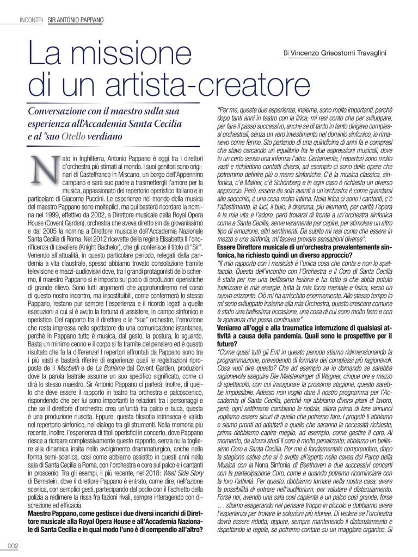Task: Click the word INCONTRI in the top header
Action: click(31, 20)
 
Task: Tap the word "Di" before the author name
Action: click(286, 53)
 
